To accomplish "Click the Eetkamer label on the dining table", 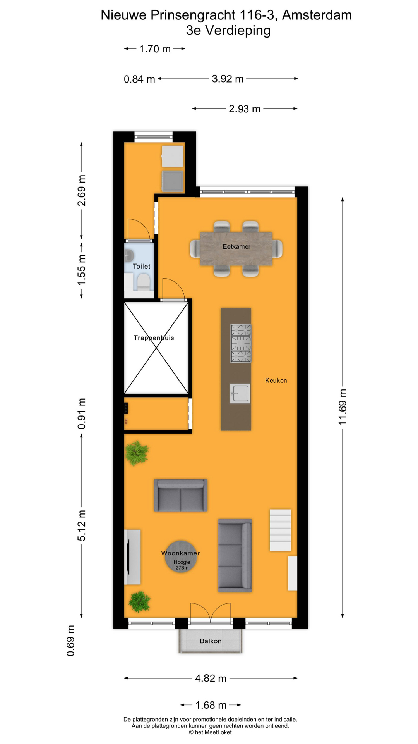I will point(236,246).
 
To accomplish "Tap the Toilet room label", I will point(141,266).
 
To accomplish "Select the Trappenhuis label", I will point(154,338).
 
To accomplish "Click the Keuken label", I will point(276,381).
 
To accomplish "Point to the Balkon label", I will point(211,641).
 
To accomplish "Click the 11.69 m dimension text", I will point(343,407).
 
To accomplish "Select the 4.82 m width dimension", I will point(211,678).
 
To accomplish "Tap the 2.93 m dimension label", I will point(244,109).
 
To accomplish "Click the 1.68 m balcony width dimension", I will point(211,705).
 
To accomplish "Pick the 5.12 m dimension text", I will point(82,525).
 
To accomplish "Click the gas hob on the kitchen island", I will point(241,343).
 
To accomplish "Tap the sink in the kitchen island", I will point(240,393).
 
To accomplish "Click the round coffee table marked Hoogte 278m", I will point(181,557).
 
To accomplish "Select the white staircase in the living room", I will point(280,530).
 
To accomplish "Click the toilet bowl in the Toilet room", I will point(144,282).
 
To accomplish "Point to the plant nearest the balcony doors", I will point(139,601).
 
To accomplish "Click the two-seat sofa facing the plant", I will point(181,495).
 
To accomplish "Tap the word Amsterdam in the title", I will point(317,15).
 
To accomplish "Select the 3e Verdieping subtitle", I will point(228,30).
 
